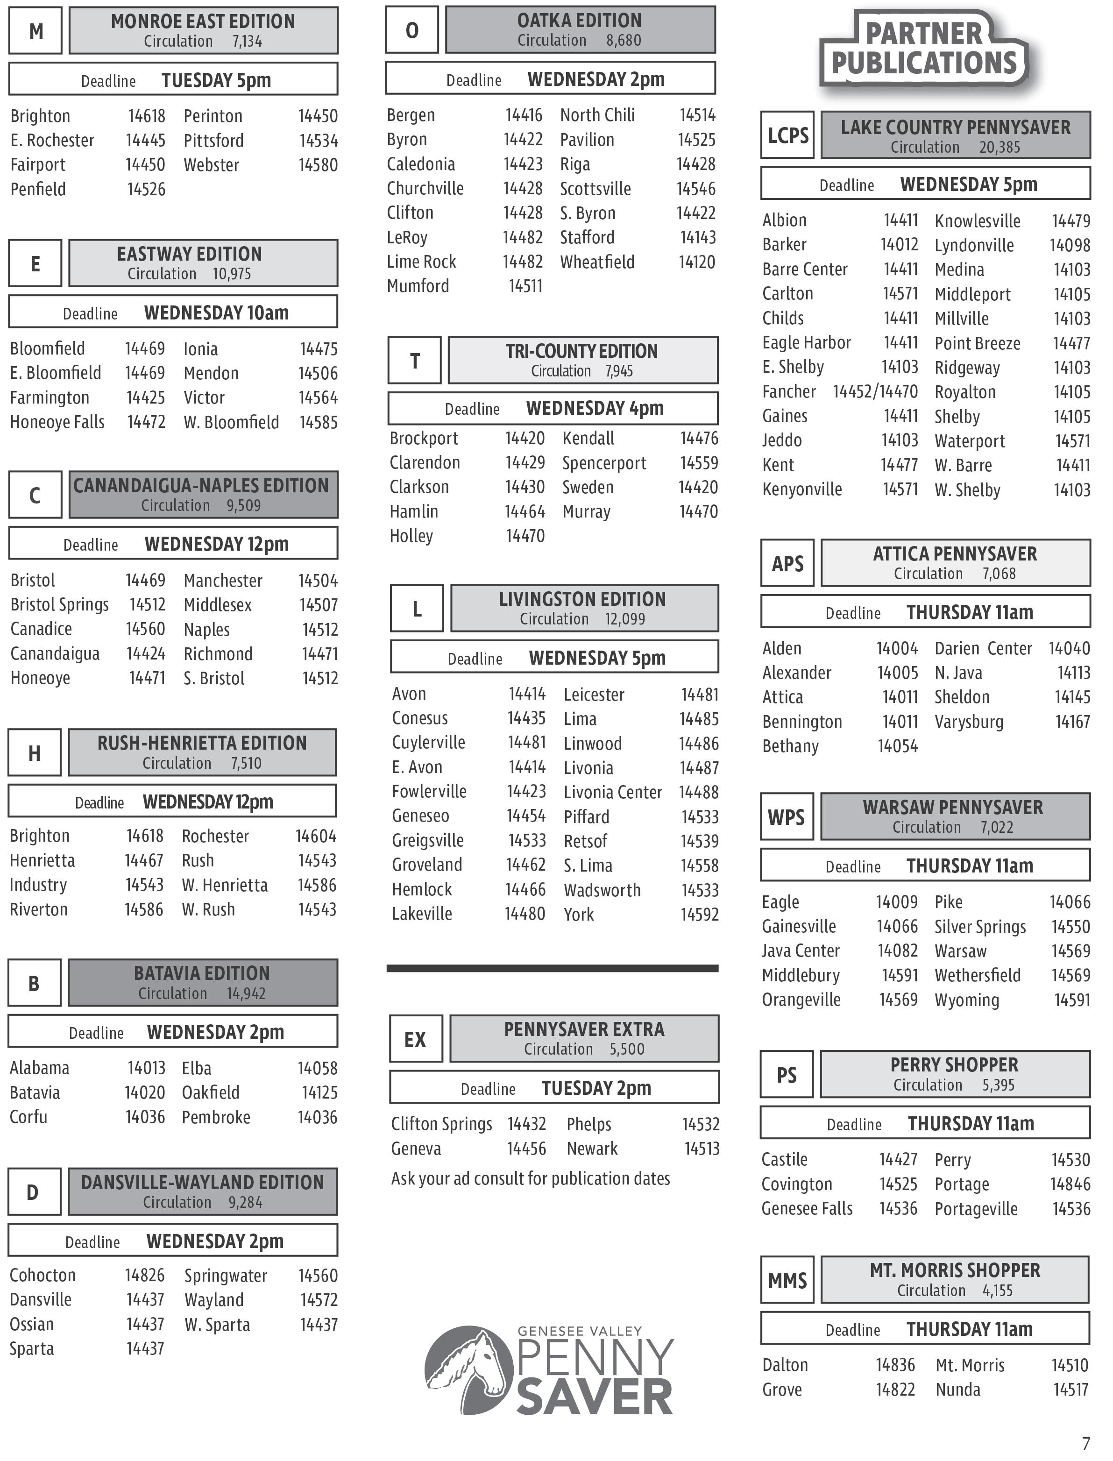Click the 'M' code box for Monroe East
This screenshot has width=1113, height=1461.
tap(36, 30)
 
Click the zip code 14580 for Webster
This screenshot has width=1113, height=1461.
tap(318, 165)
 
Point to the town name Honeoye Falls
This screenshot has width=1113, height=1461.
tap(57, 422)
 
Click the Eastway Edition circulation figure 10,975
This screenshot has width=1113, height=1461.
tap(232, 274)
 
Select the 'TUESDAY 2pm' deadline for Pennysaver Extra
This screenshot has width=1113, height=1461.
tap(596, 1088)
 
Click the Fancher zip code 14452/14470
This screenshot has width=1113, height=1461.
tap(875, 391)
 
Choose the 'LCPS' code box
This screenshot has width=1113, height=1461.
tap(788, 135)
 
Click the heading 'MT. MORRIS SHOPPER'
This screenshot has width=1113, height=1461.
tap(955, 1270)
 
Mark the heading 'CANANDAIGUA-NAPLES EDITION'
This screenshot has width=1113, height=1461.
tap(201, 486)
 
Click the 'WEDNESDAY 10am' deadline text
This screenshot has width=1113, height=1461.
tap(217, 313)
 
